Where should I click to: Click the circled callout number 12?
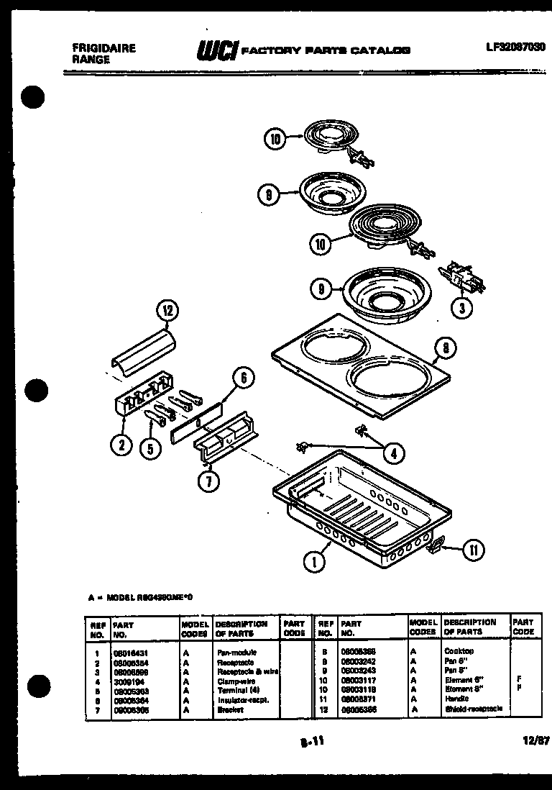click(167, 312)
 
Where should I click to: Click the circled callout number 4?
click(393, 453)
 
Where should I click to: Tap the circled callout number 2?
click(121, 446)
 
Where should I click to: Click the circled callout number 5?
click(149, 448)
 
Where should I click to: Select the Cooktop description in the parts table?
click(459, 651)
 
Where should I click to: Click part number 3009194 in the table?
click(129, 680)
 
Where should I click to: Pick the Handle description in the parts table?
click(456, 699)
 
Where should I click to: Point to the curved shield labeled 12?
click(144, 349)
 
